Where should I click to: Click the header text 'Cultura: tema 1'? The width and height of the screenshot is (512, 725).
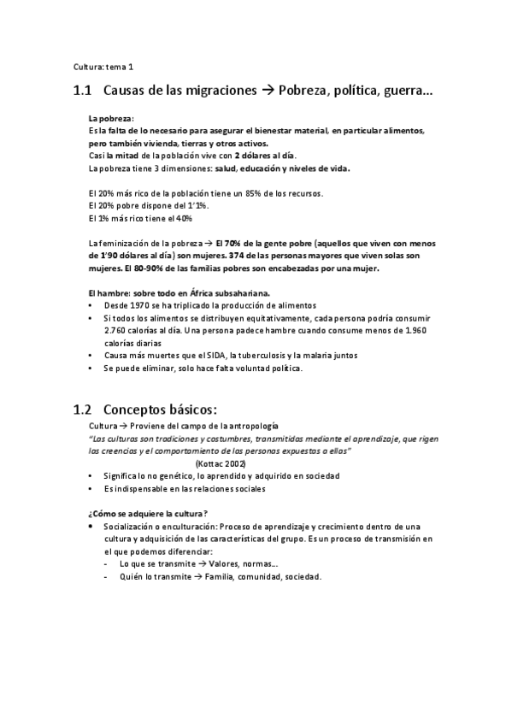click(x=103, y=66)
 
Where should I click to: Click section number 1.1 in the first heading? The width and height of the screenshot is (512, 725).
click(x=82, y=90)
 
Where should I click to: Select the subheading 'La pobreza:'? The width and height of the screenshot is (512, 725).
click(x=111, y=117)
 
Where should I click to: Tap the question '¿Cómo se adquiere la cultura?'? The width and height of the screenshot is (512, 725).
click(x=148, y=513)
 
